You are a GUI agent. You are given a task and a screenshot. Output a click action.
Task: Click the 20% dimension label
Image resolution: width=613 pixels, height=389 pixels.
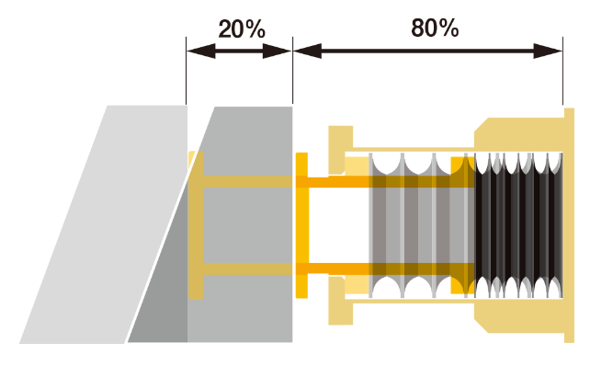242,29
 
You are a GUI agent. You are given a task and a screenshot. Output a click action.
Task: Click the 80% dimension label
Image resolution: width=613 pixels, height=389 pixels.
435,29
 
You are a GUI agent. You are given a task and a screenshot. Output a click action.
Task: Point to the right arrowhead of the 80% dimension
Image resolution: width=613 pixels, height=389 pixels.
549,51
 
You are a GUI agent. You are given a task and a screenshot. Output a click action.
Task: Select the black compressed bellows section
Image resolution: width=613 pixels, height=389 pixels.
519,225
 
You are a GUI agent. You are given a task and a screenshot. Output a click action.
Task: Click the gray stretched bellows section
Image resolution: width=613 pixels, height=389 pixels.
418,225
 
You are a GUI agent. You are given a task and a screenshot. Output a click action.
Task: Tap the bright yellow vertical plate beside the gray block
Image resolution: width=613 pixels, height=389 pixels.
301,225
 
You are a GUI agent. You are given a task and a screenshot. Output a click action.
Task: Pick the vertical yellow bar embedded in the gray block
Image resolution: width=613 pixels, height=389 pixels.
196,225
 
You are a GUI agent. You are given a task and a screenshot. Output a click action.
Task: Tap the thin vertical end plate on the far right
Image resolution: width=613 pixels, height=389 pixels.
570,225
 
